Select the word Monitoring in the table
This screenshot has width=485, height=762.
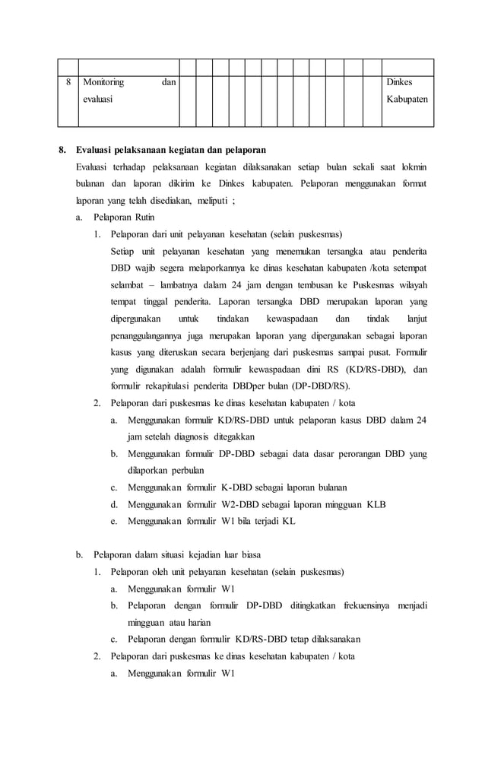(103, 81)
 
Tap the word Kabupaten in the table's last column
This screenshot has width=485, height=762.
(407, 99)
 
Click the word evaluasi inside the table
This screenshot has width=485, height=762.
(97, 99)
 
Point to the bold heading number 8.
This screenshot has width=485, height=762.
(64, 148)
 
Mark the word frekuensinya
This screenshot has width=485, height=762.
(360, 605)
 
